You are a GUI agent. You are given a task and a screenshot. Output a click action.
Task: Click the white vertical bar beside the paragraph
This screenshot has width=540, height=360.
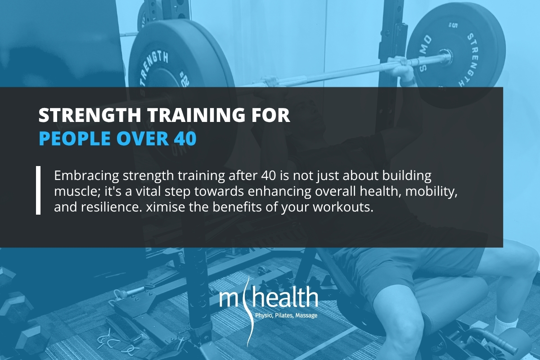[x=38, y=190]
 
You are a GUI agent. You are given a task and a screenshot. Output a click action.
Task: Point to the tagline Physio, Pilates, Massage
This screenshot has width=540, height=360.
[x=287, y=315]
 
